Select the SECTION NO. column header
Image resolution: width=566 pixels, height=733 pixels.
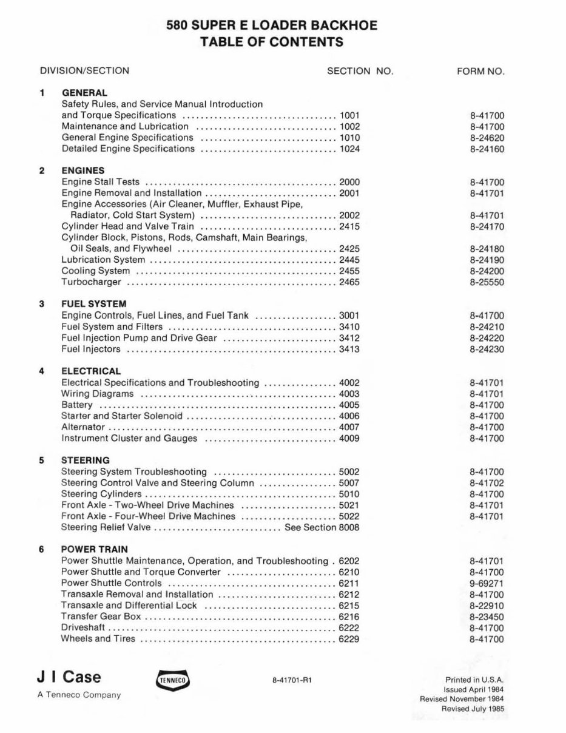tap(360, 71)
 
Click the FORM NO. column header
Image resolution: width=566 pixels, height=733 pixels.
tap(480, 71)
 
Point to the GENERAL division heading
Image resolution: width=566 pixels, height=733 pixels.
tap(84, 93)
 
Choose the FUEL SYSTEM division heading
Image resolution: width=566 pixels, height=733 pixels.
tap(93, 304)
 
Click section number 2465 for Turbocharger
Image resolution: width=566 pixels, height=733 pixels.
tap(349, 282)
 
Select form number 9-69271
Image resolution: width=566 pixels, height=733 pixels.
tap(487, 584)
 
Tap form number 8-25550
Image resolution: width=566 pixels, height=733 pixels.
tap(487, 283)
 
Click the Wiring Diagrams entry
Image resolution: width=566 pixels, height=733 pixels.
tap(98, 394)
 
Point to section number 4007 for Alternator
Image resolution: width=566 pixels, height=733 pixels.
tap(349, 427)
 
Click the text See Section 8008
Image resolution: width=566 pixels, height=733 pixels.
tap(322, 527)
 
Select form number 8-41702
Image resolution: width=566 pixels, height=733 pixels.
tap(487, 484)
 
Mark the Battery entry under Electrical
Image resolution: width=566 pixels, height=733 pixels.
tap(77, 405)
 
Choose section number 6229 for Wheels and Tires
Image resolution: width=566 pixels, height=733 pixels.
tap(349, 638)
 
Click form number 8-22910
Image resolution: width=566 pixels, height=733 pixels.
tap(487, 606)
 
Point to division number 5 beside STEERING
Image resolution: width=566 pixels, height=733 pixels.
tap(41, 461)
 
